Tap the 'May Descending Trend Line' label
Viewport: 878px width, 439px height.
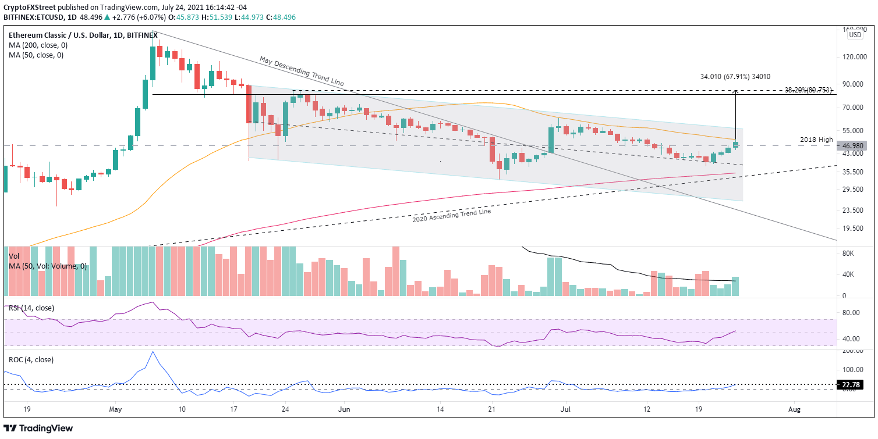[x=301, y=71]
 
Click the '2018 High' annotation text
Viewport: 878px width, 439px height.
[x=816, y=140]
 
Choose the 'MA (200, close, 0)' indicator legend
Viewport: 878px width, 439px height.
[x=36, y=45]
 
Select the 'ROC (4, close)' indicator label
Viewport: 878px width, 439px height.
[x=31, y=359]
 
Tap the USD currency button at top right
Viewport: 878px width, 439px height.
[x=855, y=34]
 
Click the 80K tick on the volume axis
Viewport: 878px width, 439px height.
[x=852, y=254]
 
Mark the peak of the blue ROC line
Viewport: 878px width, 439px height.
[x=153, y=352]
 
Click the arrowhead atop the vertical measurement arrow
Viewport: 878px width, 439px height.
[x=736, y=91]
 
